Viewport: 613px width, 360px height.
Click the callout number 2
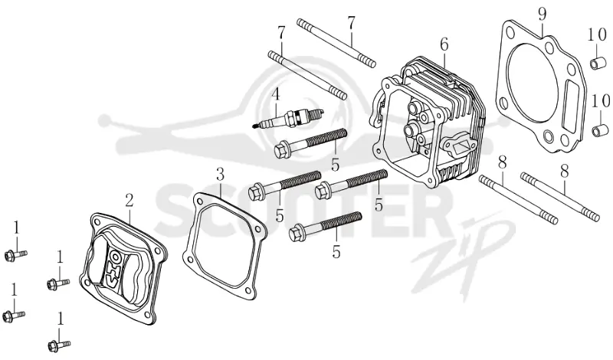tap(129, 200)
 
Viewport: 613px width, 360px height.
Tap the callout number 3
tap(220, 174)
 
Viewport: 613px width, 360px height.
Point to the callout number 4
tap(276, 93)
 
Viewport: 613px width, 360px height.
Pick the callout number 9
tap(542, 15)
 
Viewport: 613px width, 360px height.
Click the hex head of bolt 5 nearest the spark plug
tap(282, 150)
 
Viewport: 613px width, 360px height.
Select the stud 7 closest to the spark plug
tap(307, 75)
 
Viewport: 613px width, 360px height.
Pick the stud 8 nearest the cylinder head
tap(519, 200)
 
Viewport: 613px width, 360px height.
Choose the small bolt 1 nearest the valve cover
tap(58, 283)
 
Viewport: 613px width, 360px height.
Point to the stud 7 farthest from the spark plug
tap(336, 43)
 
